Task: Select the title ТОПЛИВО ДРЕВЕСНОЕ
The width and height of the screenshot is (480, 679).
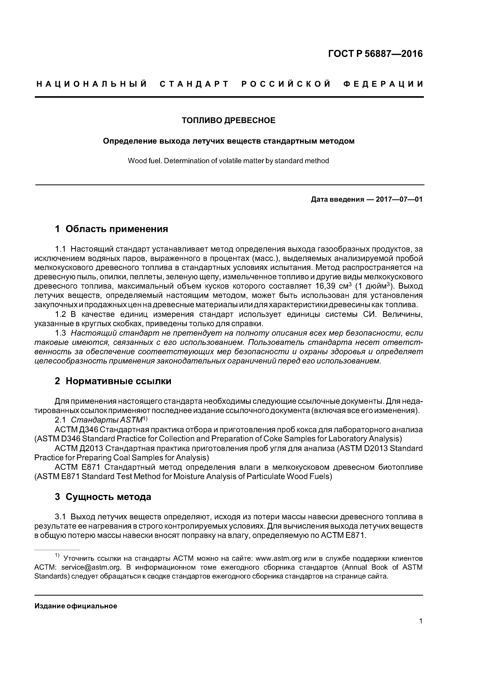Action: click(x=228, y=120)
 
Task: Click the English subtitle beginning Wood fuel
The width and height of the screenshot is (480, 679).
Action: click(x=228, y=161)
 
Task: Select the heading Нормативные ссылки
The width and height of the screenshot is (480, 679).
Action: click(x=118, y=381)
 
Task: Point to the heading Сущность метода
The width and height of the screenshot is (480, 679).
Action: click(x=108, y=497)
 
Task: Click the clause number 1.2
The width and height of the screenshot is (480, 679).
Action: click(x=60, y=314)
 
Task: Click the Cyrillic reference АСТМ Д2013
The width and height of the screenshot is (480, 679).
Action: click(x=78, y=448)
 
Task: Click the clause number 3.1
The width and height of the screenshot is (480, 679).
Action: click(x=60, y=517)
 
